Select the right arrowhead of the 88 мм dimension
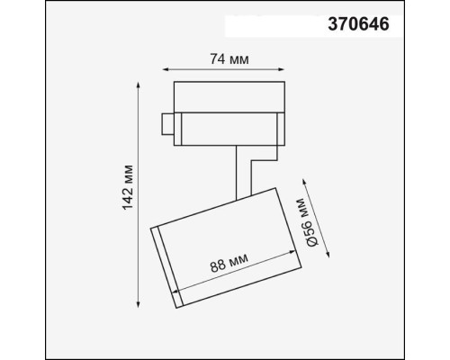(274, 274)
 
